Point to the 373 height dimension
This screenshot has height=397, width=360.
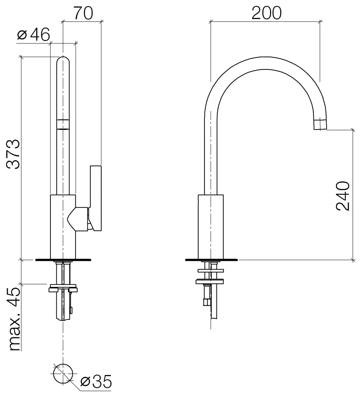[x=13, y=154]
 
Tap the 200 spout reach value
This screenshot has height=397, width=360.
[x=266, y=13]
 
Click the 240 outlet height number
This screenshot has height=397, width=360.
[x=343, y=195]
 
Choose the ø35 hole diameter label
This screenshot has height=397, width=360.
[x=96, y=381]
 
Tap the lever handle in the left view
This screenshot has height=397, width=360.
[x=96, y=198]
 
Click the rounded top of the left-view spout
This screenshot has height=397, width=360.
[x=63, y=60]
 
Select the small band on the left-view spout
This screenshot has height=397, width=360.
[x=63, y=124]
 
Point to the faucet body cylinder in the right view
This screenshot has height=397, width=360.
[x=211, y=227]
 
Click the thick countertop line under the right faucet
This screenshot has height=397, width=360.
[x=211, y=260]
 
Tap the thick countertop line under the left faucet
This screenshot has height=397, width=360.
[x=63, y=260]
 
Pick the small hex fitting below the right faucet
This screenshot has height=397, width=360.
[x=206, y=302]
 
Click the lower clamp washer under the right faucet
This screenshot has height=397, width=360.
[x=210, y=281]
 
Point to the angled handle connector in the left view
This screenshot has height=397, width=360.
[x=78, y=219]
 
